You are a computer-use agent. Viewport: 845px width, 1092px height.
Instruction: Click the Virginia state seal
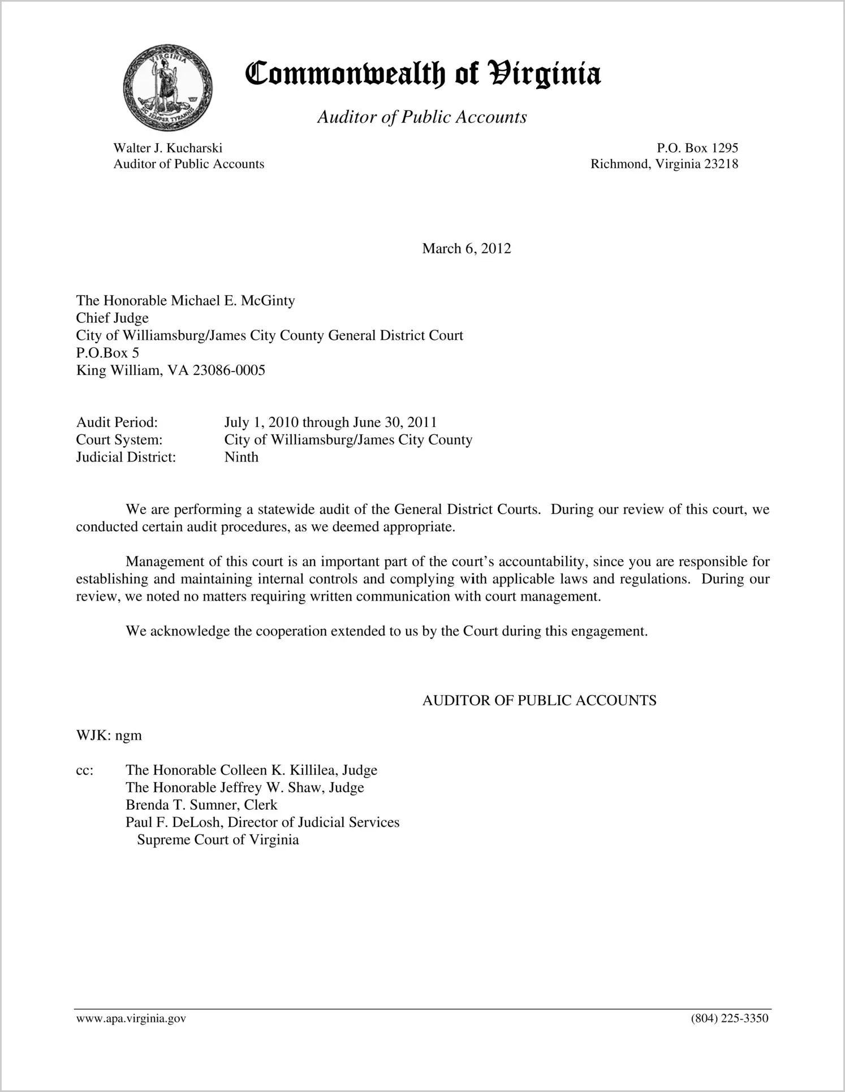167,88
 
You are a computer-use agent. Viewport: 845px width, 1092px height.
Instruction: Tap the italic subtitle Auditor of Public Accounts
422,117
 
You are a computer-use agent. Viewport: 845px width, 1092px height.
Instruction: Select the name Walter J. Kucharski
168,148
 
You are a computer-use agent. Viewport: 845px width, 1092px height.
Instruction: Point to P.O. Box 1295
697,148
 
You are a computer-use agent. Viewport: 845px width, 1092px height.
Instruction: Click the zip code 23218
721,164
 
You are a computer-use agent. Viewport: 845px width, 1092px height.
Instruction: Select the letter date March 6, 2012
467,249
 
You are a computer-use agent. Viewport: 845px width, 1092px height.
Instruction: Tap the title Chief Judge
113,318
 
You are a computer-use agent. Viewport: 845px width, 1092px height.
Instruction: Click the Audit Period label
117,422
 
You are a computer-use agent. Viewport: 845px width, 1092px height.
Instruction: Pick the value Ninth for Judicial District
241,457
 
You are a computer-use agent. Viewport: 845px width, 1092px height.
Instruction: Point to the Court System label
119,440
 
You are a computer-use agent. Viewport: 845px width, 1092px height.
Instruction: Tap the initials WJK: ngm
109,736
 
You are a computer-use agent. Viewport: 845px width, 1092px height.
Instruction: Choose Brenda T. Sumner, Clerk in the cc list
201,805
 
